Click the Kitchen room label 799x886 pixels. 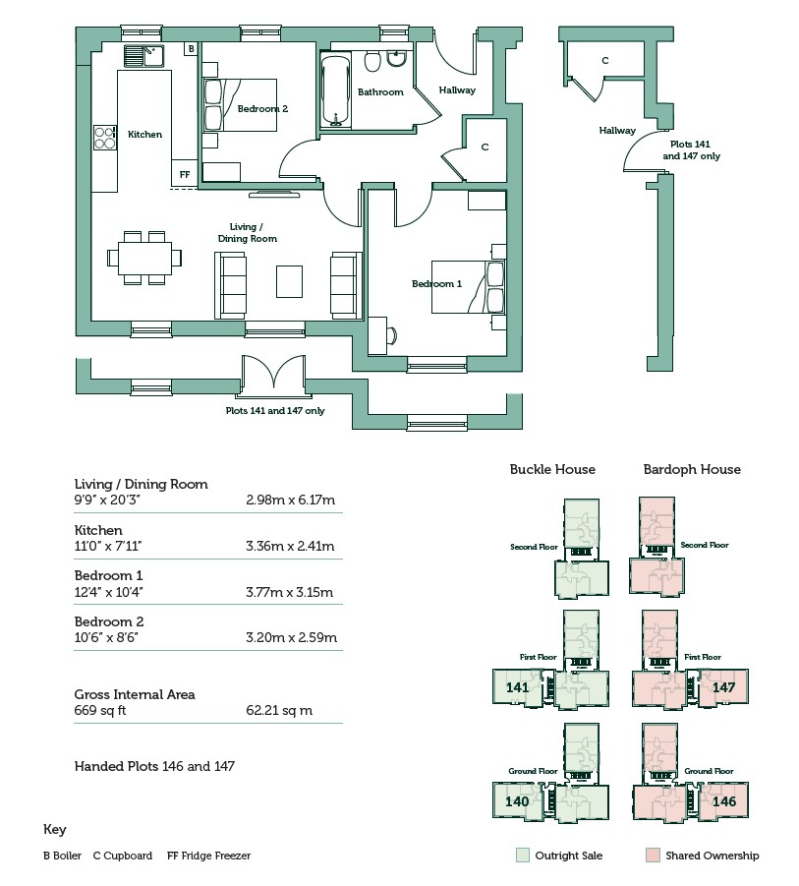tap(144, 135)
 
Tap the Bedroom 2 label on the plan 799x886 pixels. tap(262, 109)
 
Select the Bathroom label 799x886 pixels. tap(380, 92)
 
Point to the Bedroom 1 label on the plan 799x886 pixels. tap(436, 284)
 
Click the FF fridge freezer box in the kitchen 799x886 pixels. tap(184, 174)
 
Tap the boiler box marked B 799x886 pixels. tap(191, 48)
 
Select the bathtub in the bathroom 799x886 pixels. tap(336, 90)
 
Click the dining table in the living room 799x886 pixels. tap(144, 258)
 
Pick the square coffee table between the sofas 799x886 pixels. tap(289, 280)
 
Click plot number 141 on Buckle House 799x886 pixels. tap(517, 687)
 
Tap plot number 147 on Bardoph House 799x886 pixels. tap(723, 687)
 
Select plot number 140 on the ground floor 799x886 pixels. tap(517, 801)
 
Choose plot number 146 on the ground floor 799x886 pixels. tap(723, 801)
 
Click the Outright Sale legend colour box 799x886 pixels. tap(522, 856)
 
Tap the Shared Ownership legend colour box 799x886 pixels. tap(653, 856)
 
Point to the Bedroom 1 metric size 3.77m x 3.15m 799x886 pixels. tap(289, 592)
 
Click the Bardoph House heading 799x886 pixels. tap(692, 469)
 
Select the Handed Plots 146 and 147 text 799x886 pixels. tap(154, 766)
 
